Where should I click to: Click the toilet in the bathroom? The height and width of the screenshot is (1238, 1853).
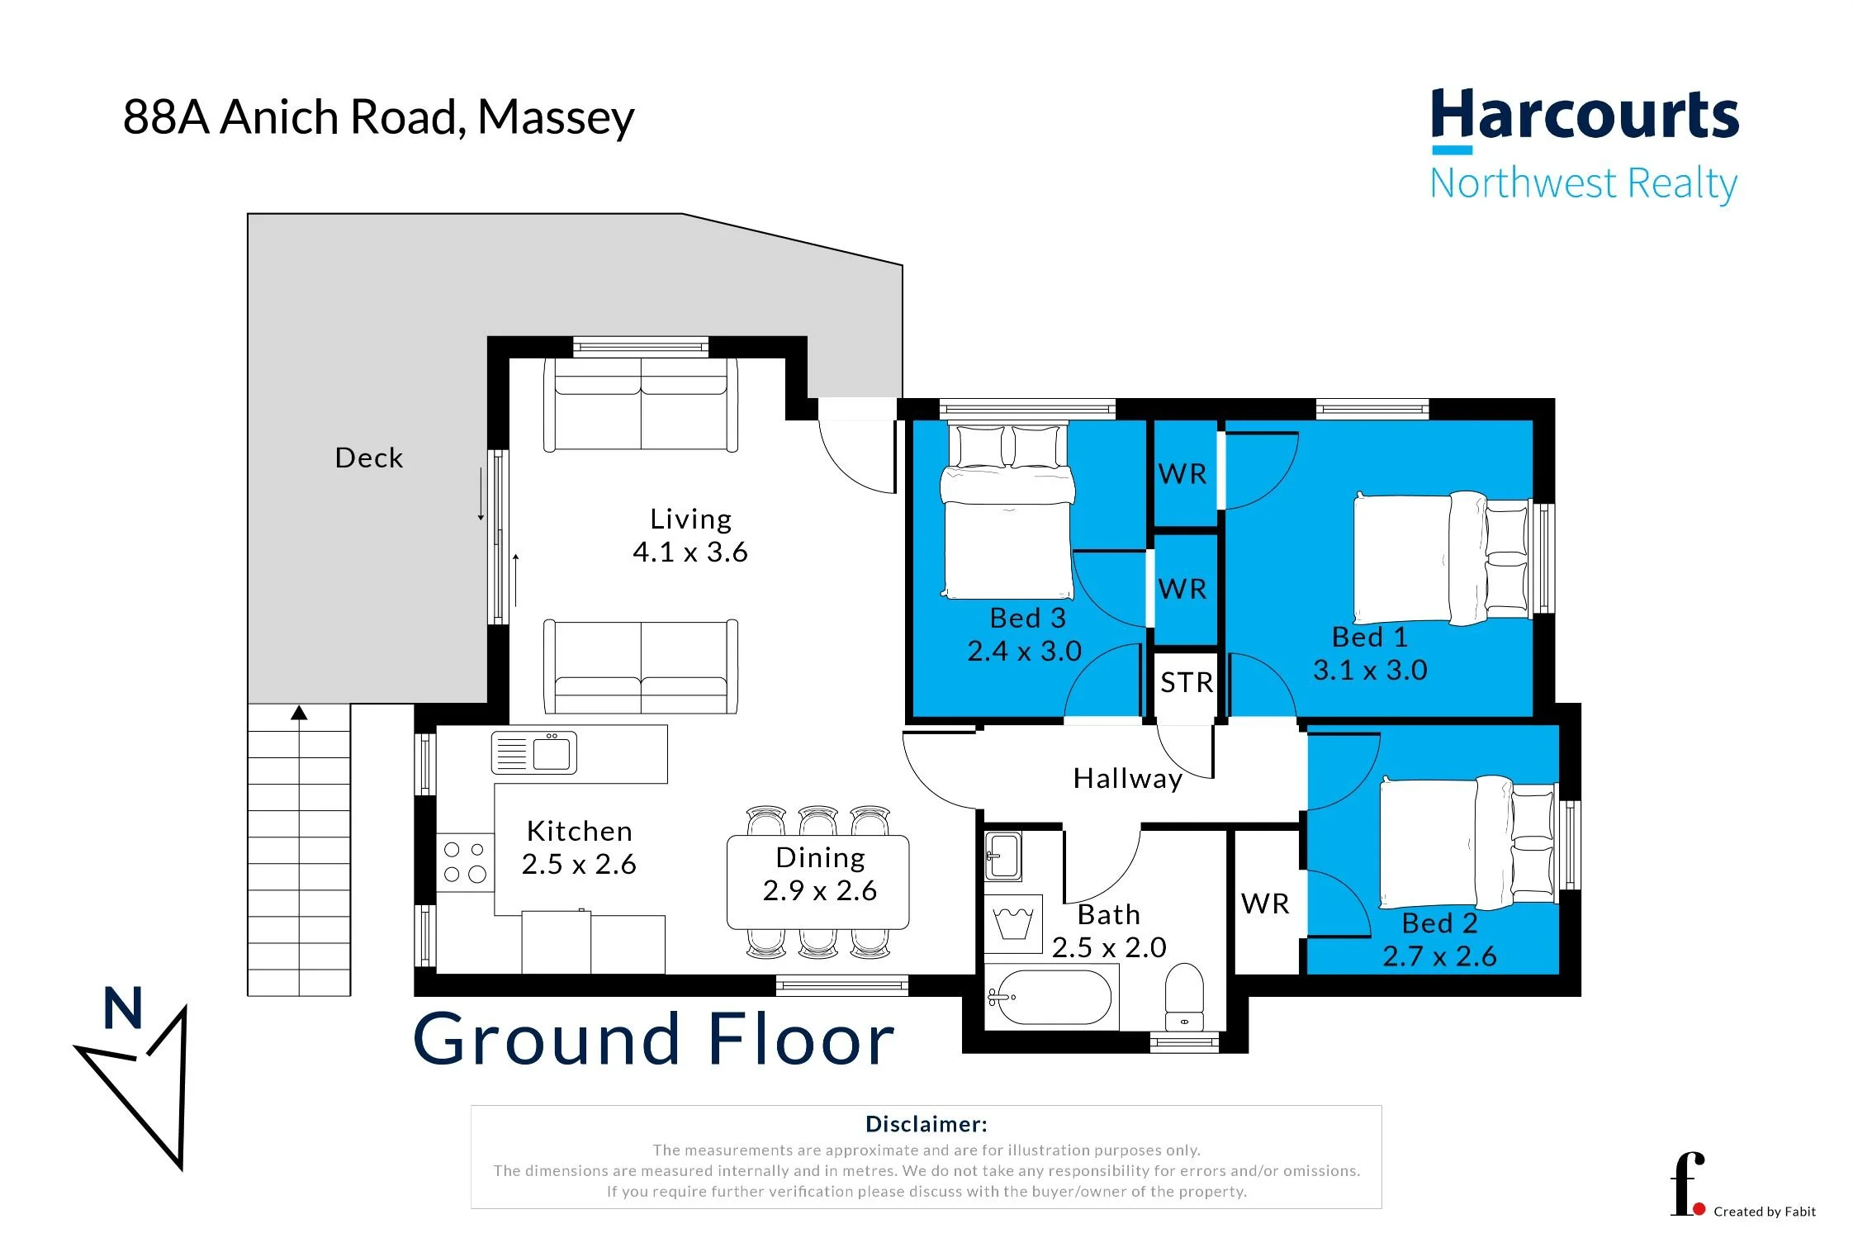1184,996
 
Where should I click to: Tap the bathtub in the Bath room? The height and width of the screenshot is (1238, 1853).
1050,998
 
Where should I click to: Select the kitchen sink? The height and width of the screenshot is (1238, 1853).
533,753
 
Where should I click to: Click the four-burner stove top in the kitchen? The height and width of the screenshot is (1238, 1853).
465,862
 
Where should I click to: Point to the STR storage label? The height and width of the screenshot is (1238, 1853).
1187,683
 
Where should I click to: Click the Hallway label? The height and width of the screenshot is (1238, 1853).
1127,779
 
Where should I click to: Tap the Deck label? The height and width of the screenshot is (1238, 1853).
369,458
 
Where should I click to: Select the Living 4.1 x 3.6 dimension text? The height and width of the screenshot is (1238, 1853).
690,552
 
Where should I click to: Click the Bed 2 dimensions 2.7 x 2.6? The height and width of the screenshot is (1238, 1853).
1439,956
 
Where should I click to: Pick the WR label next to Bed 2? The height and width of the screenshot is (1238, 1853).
1265,904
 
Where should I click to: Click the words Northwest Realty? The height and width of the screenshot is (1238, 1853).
1584,184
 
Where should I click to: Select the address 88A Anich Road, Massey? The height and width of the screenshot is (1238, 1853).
379,117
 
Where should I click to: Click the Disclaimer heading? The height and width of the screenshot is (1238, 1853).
926,1124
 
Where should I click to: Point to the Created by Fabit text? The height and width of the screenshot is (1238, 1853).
1765,1212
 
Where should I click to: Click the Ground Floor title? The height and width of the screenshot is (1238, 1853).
654,1039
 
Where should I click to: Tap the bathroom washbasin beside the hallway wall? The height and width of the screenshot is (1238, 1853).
1003,856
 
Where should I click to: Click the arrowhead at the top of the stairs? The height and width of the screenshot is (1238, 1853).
299,713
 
